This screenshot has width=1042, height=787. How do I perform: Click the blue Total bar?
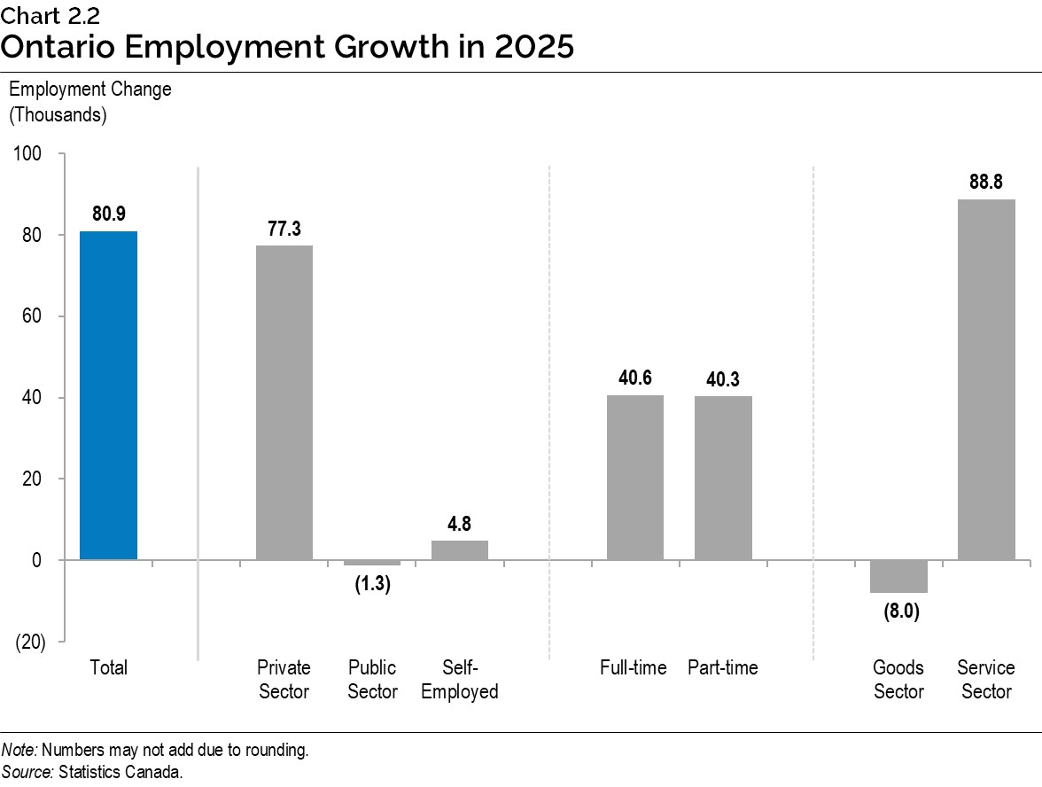[x=108, y=395]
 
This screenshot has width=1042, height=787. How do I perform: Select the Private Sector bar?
[x=284, y=402]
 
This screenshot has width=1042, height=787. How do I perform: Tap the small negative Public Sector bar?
[x=372, y=563]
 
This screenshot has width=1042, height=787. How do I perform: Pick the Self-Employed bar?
[x=459, y=549]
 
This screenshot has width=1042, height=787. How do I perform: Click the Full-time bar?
[x=634, y=477]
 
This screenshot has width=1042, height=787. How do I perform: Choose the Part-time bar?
[x=722, y=478]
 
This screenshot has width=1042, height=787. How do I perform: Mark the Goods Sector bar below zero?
[x=898, y=576]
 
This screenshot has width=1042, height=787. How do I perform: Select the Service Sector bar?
[x=986, y=379]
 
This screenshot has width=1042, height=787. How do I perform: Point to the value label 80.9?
[x=108, y=214]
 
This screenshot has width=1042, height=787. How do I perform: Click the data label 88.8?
[x=986, y=182]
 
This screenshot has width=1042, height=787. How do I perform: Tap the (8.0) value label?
[x=898, y=612]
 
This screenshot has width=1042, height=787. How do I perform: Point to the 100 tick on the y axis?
[x=28, y=154]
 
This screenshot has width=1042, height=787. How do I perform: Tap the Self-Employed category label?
[x=459, y=680]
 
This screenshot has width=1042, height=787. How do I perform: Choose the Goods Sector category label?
[x=898, y=680]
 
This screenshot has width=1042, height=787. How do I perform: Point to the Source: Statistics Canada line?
[x=92, y=772]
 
